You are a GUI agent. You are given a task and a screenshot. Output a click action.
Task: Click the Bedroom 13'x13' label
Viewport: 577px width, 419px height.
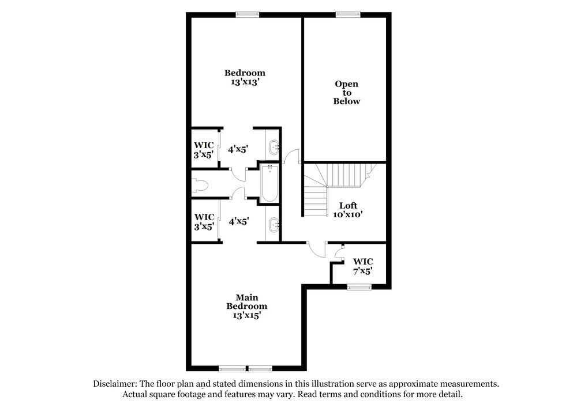pyautogui.click(x=245, y=77)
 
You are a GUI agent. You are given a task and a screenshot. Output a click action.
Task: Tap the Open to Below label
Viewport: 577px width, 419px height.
pyautogui.click(x=346, y=92)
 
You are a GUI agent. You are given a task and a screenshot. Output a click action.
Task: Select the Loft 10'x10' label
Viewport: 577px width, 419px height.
pyautogui.click(x=348, y=209)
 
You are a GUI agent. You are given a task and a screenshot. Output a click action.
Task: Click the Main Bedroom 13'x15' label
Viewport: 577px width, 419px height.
pyautogui.click(x=246, y=306)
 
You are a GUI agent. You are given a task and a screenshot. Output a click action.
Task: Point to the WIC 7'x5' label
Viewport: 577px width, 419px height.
pyautogui.click(x=362, y=266)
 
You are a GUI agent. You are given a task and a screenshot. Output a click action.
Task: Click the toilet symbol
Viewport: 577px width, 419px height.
pyautogui.click(x=200, y=185)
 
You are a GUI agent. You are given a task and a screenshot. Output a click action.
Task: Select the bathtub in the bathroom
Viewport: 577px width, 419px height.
pyautogui.click(x=269, y=183)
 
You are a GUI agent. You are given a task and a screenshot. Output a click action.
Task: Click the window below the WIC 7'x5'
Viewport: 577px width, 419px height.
pyautogui.click(x=359, y=287)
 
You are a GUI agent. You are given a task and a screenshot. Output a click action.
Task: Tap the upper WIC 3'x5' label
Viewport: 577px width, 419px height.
pyautogui.click(x=204, y=149)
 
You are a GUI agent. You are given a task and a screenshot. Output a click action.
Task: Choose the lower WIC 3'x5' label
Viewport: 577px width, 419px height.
pyautogui.click(x=204, y=221)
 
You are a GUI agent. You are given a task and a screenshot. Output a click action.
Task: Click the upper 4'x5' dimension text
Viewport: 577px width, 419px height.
pyautogui.click(x=238, y=149)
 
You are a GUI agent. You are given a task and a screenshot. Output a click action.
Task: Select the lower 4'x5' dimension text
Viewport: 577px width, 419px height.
pyautogui.click(x=238, y=221)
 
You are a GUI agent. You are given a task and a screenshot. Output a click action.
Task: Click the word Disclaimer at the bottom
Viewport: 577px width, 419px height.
pyautogui.click(x=115, y=383)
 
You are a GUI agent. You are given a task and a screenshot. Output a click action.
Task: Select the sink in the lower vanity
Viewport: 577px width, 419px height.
pyautogui.click(x=273, y=223)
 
